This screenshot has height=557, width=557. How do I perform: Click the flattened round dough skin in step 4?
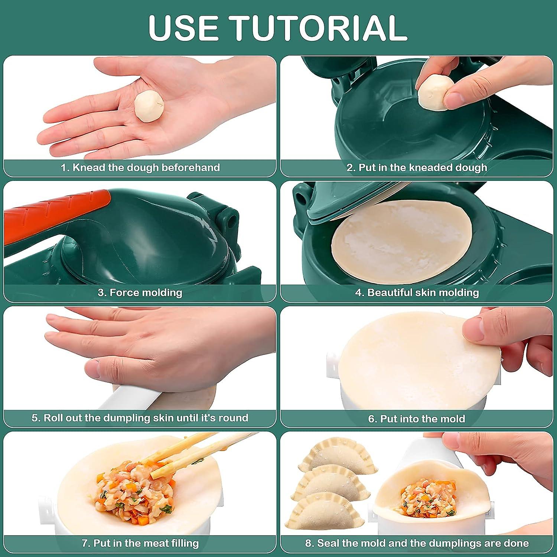point(401,241)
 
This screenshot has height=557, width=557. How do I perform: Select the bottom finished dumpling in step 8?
point(325,512)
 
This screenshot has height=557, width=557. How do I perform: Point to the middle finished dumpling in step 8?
point(330,483)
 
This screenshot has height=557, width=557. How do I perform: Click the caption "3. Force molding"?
point(140,293)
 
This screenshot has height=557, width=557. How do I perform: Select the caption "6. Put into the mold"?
point(417,419)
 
